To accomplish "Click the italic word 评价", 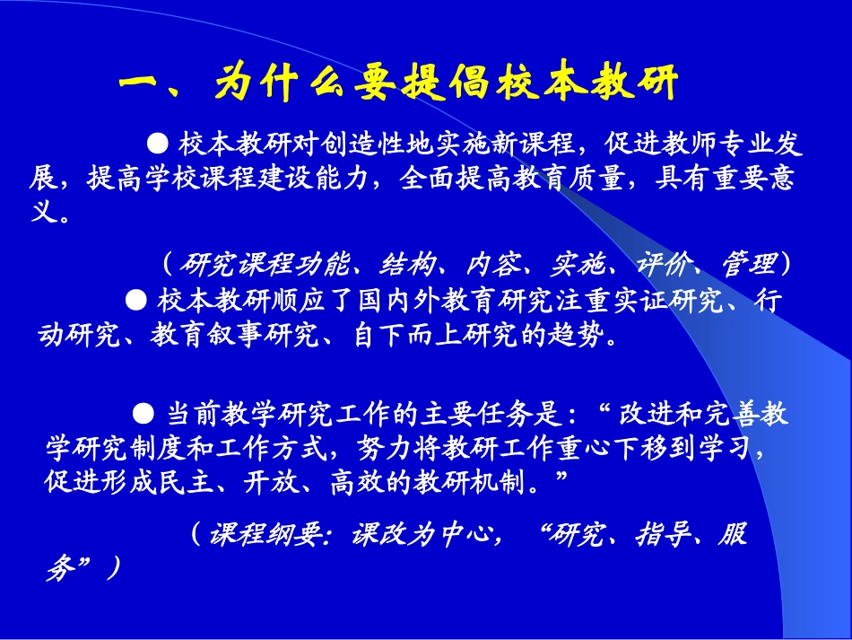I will click(664, 264).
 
